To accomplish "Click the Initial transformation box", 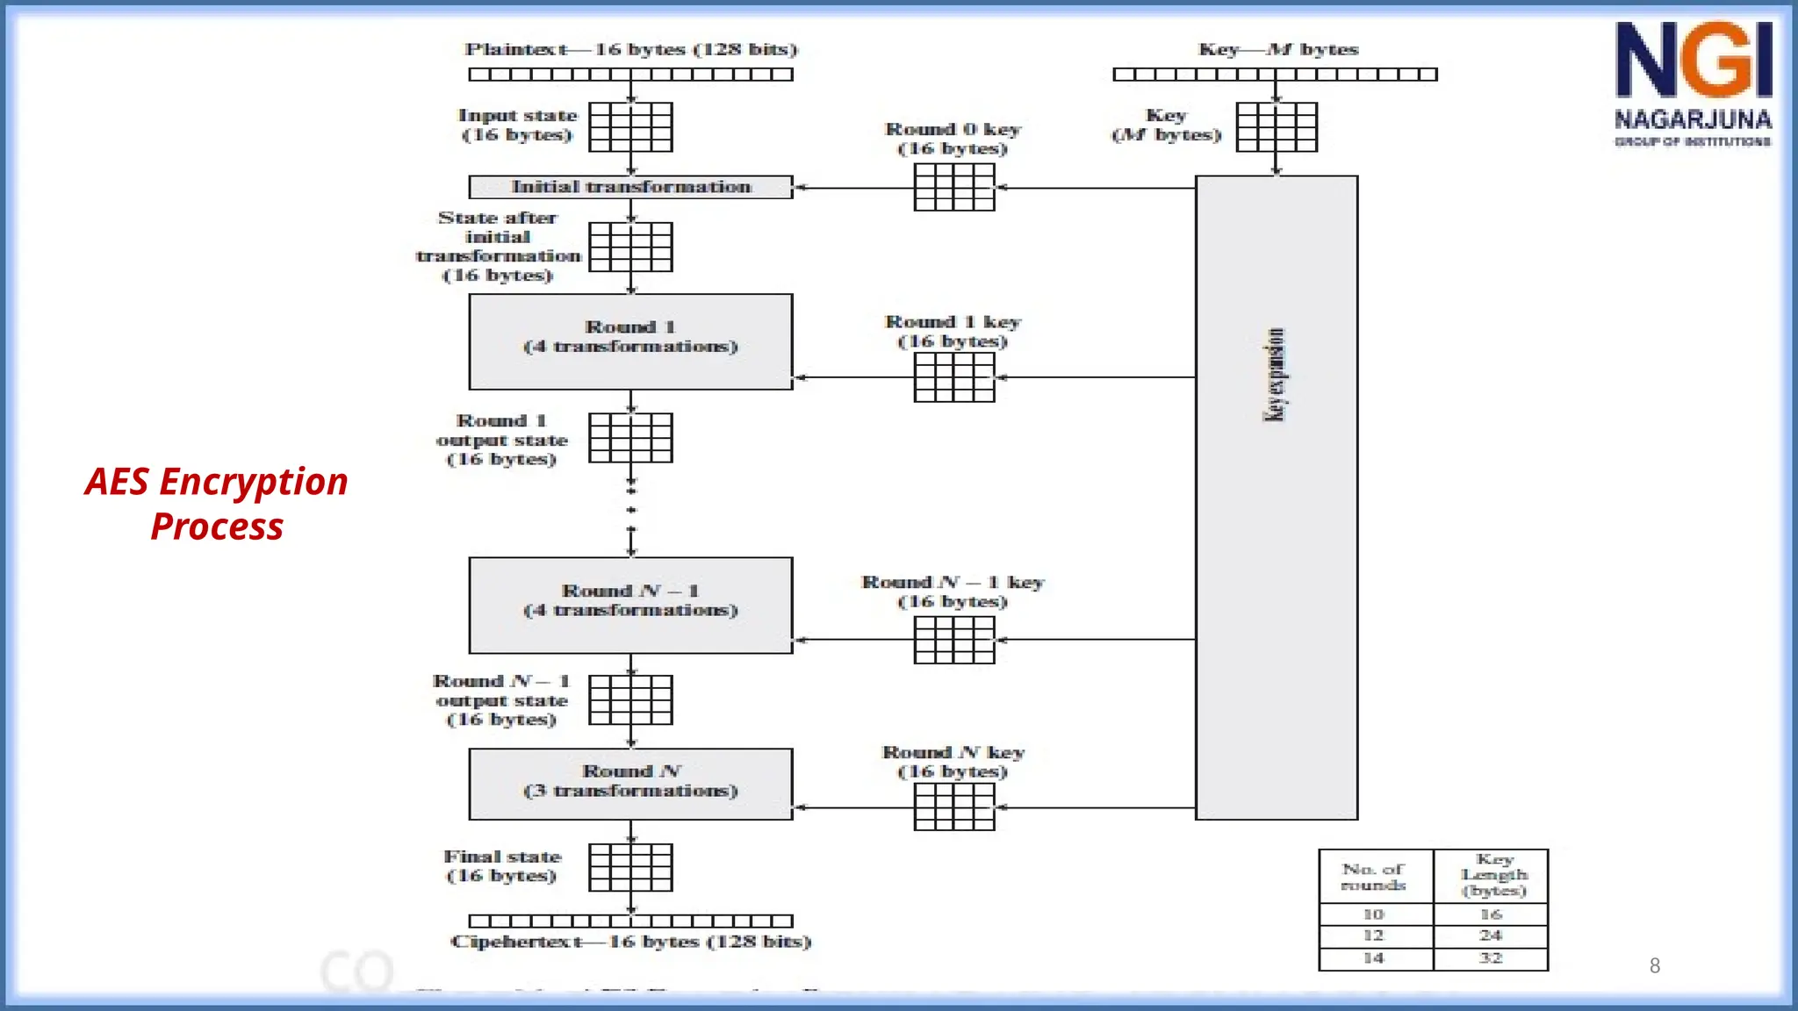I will [630, 187].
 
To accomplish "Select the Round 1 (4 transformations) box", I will [630, 341].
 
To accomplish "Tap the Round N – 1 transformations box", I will [630, 605].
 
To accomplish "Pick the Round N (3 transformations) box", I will [630, 784].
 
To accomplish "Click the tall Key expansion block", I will [1277, 497].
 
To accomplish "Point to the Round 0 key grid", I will [954, 188].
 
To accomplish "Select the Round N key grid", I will [954, 807].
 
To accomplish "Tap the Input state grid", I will [630, 127].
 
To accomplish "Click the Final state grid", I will [630, 867].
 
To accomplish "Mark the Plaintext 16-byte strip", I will [630, 75].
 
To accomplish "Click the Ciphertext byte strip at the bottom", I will [630, 921].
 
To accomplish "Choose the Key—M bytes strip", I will [1275, 75].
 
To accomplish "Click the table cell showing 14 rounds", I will [1375, 958].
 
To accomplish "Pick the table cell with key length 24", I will [1491, 936].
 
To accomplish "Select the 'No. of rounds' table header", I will [1375, 876].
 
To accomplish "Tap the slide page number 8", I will [1655, 965].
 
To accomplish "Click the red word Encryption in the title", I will [254, 482].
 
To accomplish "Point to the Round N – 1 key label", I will [953, 583].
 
